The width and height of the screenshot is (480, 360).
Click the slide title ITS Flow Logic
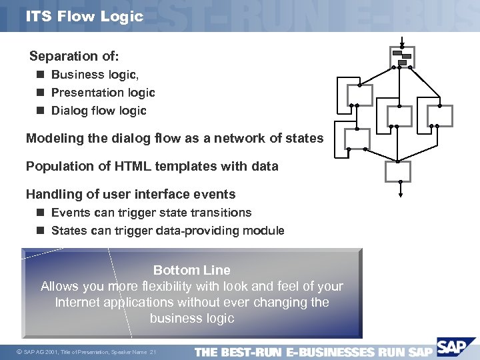[85, 16]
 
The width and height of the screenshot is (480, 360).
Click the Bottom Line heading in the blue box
[192, 270]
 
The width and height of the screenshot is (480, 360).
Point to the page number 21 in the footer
[153, 351]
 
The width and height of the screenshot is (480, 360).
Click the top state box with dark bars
[403, 57]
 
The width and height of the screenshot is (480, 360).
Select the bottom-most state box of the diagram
[399, 171]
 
